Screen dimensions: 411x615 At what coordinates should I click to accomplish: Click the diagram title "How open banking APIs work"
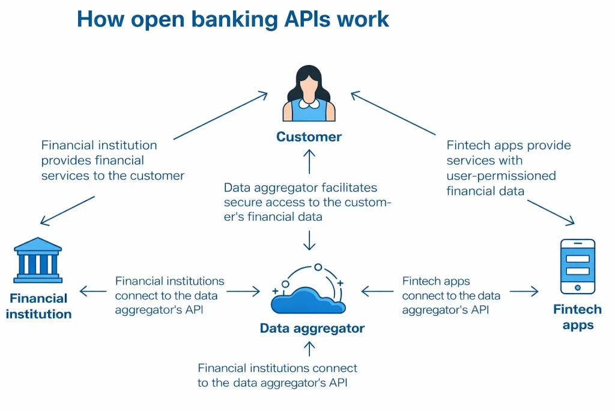point(233,19)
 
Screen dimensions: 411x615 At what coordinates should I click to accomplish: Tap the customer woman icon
point(309,94)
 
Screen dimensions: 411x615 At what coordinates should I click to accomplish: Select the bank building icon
point(38,260)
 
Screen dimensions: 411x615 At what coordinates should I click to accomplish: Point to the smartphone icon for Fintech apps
point(577,266)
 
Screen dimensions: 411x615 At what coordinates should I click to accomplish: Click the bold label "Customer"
point(309,137)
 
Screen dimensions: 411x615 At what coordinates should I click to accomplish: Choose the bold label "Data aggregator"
point(312,329)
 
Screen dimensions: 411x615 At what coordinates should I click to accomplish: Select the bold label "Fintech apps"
point(577,317)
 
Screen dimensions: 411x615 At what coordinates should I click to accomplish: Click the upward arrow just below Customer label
point(309,161)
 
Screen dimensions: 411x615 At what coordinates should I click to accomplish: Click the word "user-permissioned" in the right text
point(501,176)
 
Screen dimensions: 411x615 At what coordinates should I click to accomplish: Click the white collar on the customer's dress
point(309,104)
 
